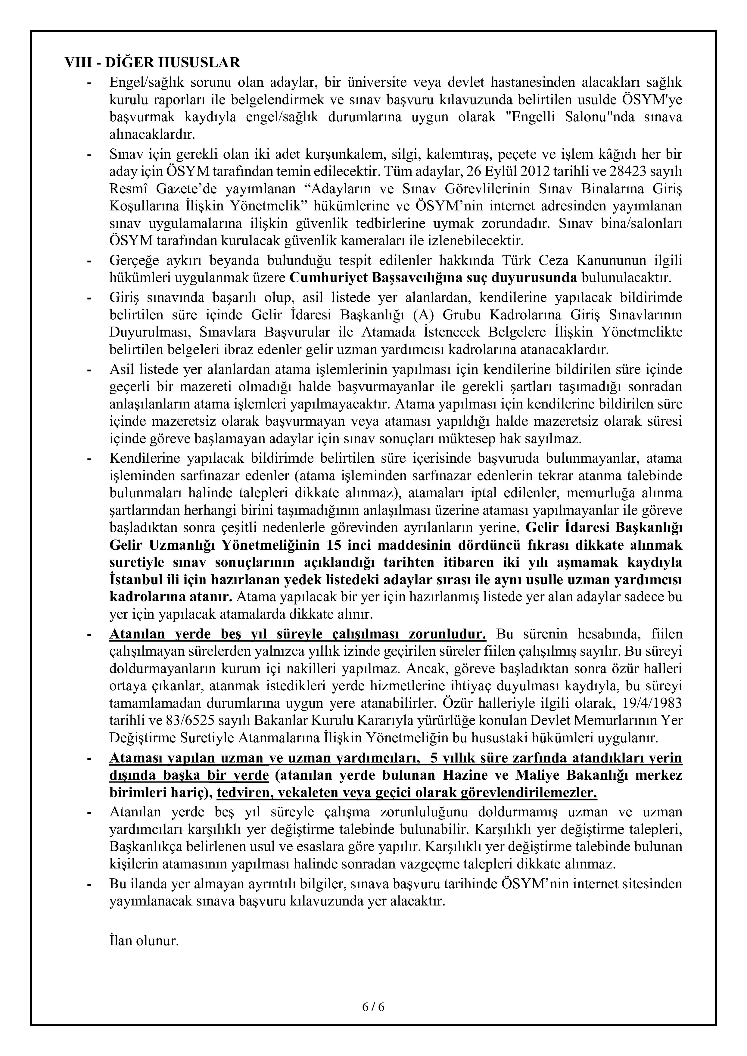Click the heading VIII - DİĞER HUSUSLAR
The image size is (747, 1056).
coord(152,63)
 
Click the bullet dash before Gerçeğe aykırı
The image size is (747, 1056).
coord(90,261)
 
